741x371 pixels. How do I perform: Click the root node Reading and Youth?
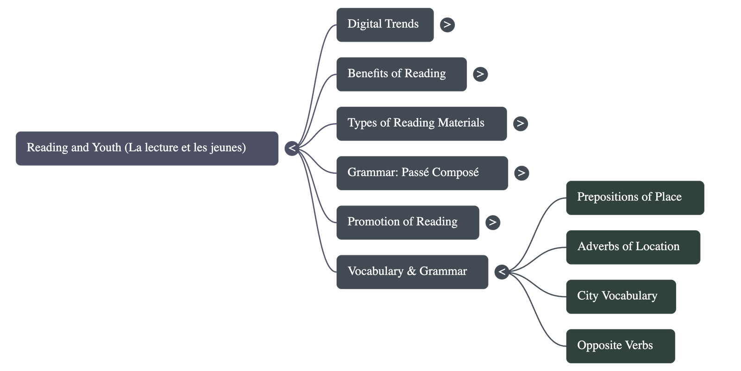point(147,148)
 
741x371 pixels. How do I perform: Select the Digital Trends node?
point(384,25)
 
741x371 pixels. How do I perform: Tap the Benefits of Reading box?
point(401,74)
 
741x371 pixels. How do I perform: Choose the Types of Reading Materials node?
point(421,124)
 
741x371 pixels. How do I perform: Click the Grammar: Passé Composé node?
point(422,173)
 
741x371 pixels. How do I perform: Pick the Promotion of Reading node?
point(407,222)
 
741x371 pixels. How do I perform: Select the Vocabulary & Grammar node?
point(412,272)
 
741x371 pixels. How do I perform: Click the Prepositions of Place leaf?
point(634,198)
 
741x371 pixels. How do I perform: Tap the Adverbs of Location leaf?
point(633,247)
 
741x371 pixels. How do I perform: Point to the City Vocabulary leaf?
point(621,297)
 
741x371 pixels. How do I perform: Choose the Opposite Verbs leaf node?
point(620,346)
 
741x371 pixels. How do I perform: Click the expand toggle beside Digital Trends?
point(447,25)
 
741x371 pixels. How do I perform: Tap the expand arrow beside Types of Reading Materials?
point(520,124)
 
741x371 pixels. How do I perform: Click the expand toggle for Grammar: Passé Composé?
point(521,173)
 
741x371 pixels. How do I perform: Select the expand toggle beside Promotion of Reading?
point(492,222)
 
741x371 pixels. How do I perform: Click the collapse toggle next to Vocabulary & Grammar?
point(502,272)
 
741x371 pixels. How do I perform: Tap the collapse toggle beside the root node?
point(292,148)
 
